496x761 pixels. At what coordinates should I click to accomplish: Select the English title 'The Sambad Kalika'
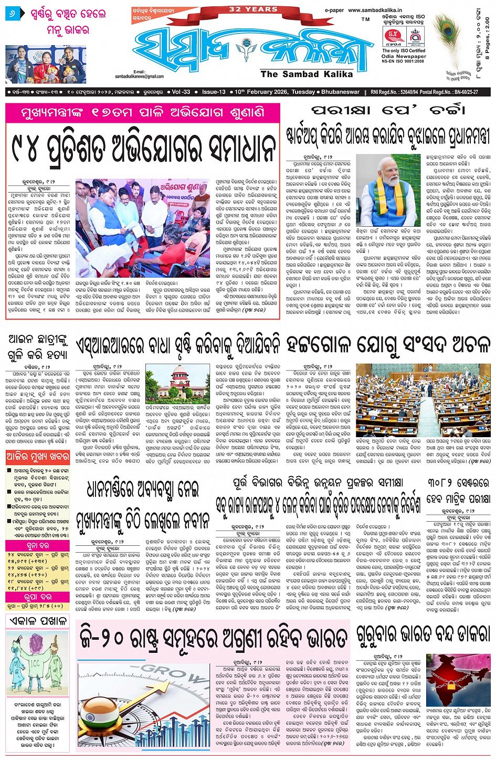pos(307,74)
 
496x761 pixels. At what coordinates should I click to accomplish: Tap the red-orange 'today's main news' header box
pos(38,457)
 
